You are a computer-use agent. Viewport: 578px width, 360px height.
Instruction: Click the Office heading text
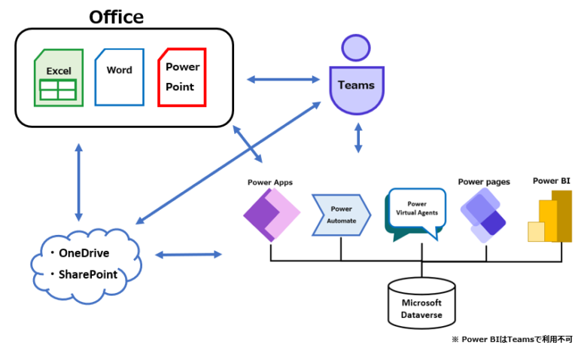click(116, 16)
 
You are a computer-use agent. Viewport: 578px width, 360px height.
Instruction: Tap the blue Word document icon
click(119, 76)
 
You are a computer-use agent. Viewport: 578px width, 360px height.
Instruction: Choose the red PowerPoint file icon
click(181, 78)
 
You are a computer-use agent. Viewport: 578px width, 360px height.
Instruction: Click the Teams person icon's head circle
click(356, 47)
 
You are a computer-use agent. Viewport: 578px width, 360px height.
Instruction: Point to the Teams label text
click(356, 84)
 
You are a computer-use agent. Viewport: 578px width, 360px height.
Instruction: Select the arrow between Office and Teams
click(284, 78)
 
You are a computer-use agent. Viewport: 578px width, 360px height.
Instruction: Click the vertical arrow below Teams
click(358, 137)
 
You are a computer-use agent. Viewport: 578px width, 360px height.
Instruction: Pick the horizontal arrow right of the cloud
click(188, 255)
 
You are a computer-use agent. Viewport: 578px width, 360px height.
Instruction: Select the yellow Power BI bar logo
click(551, 217)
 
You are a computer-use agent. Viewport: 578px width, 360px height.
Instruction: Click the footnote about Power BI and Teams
click(512, 340)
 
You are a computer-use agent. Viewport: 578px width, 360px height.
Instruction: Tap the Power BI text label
click(551, 181)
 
